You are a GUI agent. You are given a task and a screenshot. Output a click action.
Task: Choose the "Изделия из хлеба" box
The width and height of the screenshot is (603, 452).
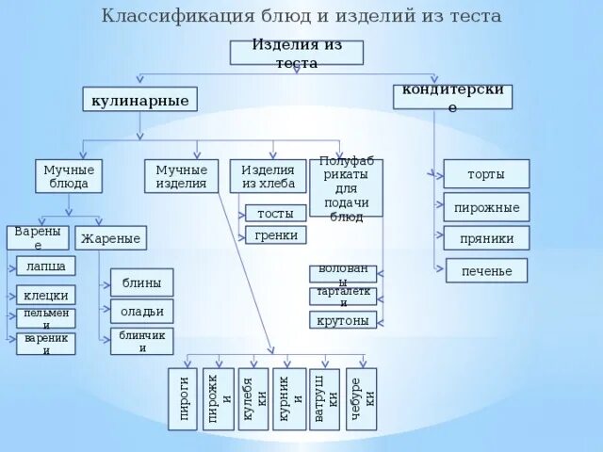[x=268, y=176]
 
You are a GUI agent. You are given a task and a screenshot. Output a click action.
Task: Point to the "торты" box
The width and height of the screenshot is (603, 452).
[x=486, y=174]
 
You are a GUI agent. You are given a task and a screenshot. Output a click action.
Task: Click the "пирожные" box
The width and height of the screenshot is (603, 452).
[x=486, y=206]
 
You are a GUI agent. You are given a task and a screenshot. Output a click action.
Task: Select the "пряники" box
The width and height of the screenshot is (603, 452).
[x=486, y=238]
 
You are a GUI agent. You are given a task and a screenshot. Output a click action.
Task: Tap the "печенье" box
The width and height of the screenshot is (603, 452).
[x=486, y=271]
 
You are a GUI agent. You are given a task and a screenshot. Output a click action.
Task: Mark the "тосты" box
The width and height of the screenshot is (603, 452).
[x=275, y=214]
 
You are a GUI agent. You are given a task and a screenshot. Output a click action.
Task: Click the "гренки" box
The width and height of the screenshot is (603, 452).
[x=275, y=235]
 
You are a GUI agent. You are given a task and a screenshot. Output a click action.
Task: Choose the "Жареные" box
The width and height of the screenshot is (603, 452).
[x=110, y=238]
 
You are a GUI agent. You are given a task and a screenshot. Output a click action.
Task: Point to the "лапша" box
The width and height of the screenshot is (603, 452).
[x=46, y=266]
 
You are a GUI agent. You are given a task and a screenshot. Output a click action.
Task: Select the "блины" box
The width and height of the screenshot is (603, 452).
[x=141, y=282]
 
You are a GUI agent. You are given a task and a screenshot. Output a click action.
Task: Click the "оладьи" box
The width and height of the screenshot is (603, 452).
[x=141, y=311]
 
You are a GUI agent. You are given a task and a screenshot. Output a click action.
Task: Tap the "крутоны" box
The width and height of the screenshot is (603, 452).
[x=343, y=320]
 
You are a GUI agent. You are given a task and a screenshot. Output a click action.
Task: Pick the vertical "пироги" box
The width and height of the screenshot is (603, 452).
[x=185, y=398]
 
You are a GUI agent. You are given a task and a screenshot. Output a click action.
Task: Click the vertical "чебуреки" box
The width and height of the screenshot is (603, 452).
[x=361, y=398]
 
